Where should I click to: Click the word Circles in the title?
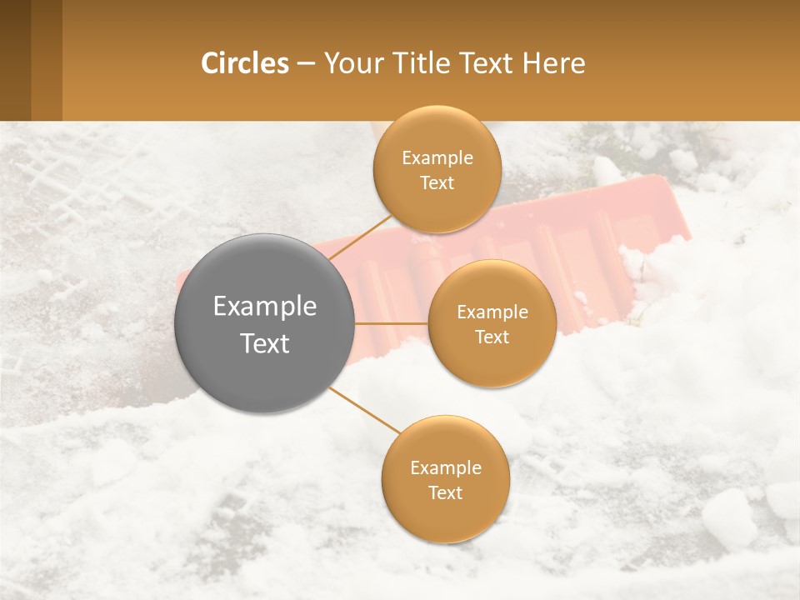coord(244,63)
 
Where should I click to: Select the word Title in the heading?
coord(417,63)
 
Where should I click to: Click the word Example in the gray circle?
coord(265,307)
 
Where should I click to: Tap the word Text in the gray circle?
coord(265,343)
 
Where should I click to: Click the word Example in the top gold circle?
coord(437,158)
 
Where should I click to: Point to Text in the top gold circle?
coord(437,183)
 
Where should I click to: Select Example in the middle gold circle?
coord(492,312)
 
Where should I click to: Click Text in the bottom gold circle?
coord(445,492)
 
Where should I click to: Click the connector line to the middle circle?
coord(391,323)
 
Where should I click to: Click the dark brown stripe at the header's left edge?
coord(15,60)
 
